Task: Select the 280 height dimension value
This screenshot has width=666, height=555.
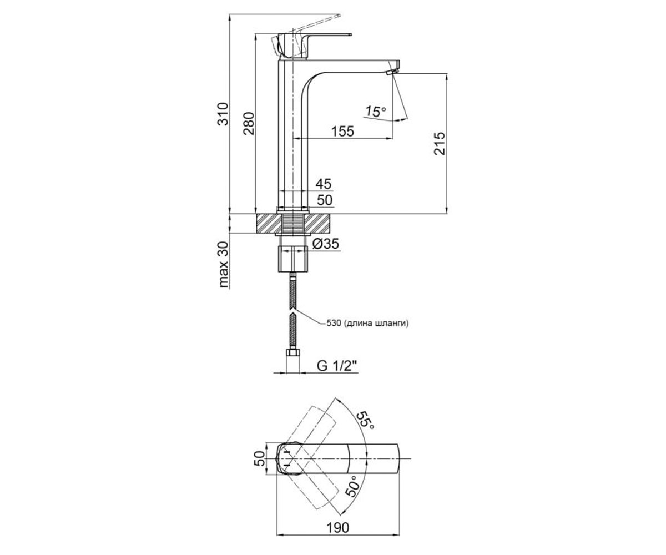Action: pos(249,123)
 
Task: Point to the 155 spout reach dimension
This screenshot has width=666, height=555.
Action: pos(342,131)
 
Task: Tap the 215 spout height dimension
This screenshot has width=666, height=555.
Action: pos(440,144)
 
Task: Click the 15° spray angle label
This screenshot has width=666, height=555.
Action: pos(375,112)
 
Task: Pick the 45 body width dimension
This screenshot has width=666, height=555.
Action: pos(324,184)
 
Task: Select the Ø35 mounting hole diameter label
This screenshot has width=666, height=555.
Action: pos(326,244)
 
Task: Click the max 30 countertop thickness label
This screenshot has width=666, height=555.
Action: pos(224,264)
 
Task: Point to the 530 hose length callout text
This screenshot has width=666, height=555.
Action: pos(367,324)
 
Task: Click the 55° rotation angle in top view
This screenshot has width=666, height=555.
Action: pos(365,420)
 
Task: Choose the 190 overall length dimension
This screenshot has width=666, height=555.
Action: pos(337,528)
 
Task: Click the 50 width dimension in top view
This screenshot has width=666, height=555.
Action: pos(261,458)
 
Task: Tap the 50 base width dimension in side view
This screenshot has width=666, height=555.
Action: pos(325,200)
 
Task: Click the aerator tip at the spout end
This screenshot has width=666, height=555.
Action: pos(392,71)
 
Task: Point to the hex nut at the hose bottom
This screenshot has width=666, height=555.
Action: pos(293,352)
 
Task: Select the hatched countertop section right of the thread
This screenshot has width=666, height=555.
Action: pos(318,224)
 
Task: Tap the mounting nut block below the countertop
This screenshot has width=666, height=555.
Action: pos(293,259)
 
